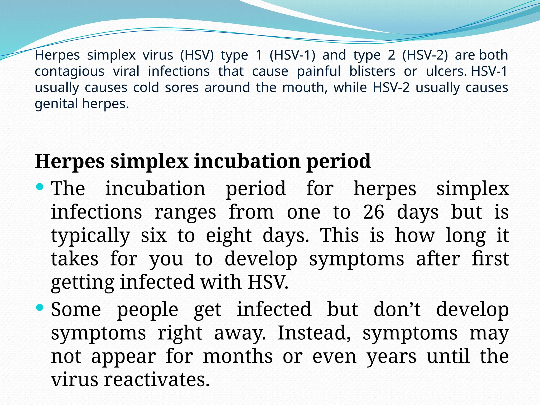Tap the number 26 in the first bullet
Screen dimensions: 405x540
(374, 212)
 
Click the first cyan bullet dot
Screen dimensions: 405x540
(40, 187)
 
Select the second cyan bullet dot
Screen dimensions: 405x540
(40, 307)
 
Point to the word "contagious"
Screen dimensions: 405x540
(70, 71)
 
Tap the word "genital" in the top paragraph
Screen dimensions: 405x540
(56, 104)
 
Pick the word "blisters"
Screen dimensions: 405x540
(372, 71)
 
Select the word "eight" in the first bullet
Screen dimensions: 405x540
(229, 235)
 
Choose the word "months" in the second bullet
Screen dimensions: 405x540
(238, 356)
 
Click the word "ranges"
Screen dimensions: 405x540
(185, 213)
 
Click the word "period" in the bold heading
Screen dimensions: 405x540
(339, 162)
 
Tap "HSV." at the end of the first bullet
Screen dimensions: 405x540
(268, 282)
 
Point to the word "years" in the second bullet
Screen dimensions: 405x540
(392, 357)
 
